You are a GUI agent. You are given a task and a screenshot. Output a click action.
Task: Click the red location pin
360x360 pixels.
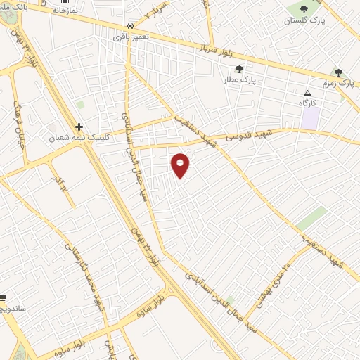(x=181, y=165)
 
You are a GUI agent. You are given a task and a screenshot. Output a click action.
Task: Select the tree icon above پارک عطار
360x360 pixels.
(x=239, y=69)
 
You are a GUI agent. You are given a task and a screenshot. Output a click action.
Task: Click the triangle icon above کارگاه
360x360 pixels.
(x=307, y=93)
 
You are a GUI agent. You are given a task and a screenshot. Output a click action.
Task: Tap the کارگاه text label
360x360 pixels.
(x=308, y=104)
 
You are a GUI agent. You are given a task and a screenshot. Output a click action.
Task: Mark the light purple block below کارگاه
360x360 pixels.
(x=309, y=117)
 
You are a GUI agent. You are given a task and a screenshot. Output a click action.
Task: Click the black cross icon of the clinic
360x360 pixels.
(x=79, y=127)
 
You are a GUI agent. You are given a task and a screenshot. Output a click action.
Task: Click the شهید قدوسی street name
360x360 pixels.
(x=247, y=134)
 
